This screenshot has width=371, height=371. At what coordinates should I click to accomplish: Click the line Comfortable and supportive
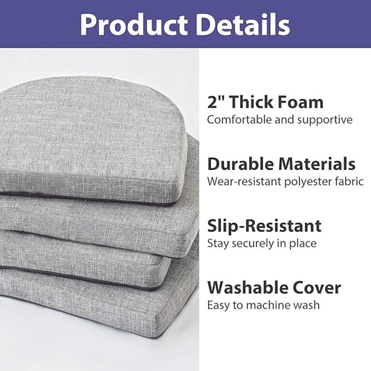tap(279, 120)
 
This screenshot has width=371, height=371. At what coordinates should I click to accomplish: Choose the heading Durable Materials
tap(281, 164)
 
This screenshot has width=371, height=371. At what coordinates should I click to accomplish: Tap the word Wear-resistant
tap(242, 182)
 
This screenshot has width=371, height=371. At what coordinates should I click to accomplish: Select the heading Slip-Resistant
tap(265, 226)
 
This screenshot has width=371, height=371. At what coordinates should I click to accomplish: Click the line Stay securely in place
tap(262, 244)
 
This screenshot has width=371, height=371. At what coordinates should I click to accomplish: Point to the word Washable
tap(246, 287)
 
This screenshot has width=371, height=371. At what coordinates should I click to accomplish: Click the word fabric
tap(349, 182)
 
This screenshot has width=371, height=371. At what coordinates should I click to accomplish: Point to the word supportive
tap(326, 120)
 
